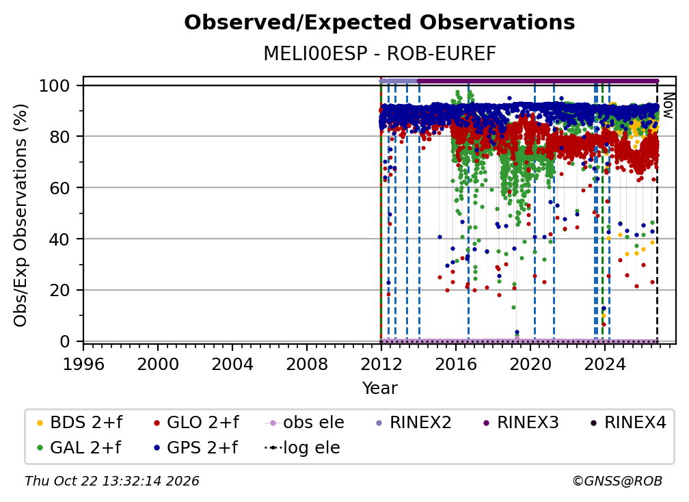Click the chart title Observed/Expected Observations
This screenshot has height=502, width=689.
[379, 23]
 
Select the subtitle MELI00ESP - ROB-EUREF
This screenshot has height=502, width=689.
[379, 53]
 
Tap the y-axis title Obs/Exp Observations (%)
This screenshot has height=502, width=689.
[21, 215]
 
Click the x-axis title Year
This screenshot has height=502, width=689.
[379, 388]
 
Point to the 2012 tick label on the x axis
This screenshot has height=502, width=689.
[381, 365]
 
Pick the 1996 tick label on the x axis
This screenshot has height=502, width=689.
[83, 365]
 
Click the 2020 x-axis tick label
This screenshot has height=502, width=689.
[530, 365]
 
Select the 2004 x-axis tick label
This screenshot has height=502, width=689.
[232, 365]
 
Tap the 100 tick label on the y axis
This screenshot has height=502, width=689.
[55, 85]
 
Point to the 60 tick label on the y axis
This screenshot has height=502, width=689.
[59, 187]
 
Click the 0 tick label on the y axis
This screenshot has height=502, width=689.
[65, 341]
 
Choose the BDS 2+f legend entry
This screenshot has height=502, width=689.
[79, 423]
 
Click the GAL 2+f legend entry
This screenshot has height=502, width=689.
[79, 448]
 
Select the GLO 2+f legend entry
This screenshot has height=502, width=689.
[196, 423]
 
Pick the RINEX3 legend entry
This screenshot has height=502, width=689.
[521, 423]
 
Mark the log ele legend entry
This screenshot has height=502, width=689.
[302, 448]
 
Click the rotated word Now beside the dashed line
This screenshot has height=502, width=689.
[667, 105]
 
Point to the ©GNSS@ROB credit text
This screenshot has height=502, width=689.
[617, 481]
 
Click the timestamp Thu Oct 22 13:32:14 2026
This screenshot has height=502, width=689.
[112, 481]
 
